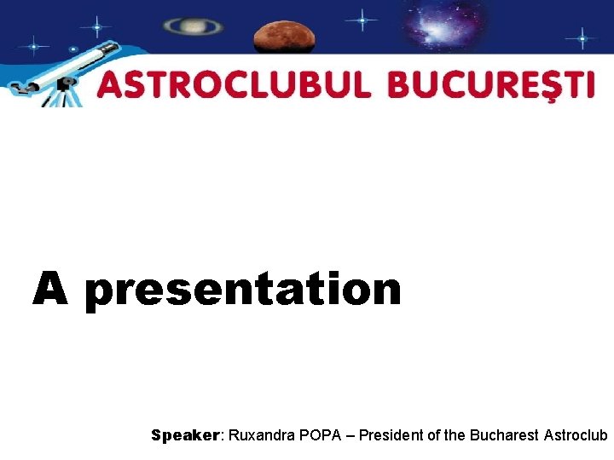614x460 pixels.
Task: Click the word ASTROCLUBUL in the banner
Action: pyautogui.click(x=235, y=86)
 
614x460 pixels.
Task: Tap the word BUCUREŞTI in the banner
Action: pyautogui.click(x=491, y=86)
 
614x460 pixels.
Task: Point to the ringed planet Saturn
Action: pyautogui.click(x=194, y=26)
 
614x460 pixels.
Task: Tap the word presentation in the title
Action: pyautogui.click(x=243, y=290)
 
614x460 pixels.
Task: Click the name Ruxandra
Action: pyautogui.click(x=259, y=435)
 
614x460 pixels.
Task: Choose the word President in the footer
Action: pyautogui.click(x=390, y=435)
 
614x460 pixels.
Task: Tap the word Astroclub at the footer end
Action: pyautogui.click(x=576, y=435)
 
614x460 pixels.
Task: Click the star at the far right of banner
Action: pyautogui.click(x=582, y=38)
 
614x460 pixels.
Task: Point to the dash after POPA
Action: pyautogui.click(x=349, y=435)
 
